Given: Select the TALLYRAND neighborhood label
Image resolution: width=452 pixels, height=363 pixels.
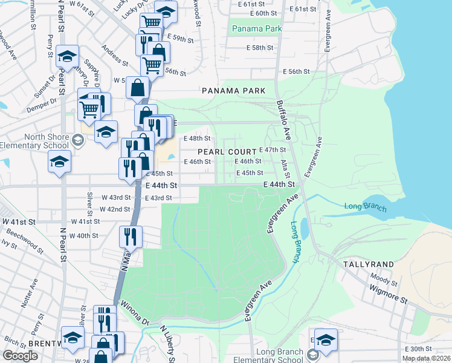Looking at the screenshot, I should click(369, 264).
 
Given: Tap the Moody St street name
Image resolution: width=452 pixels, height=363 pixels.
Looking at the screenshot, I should click(384, 278).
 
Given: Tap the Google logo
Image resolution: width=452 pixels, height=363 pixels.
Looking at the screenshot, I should click(21, 356).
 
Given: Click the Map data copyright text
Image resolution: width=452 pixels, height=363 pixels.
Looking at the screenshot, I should click(427, 358).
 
